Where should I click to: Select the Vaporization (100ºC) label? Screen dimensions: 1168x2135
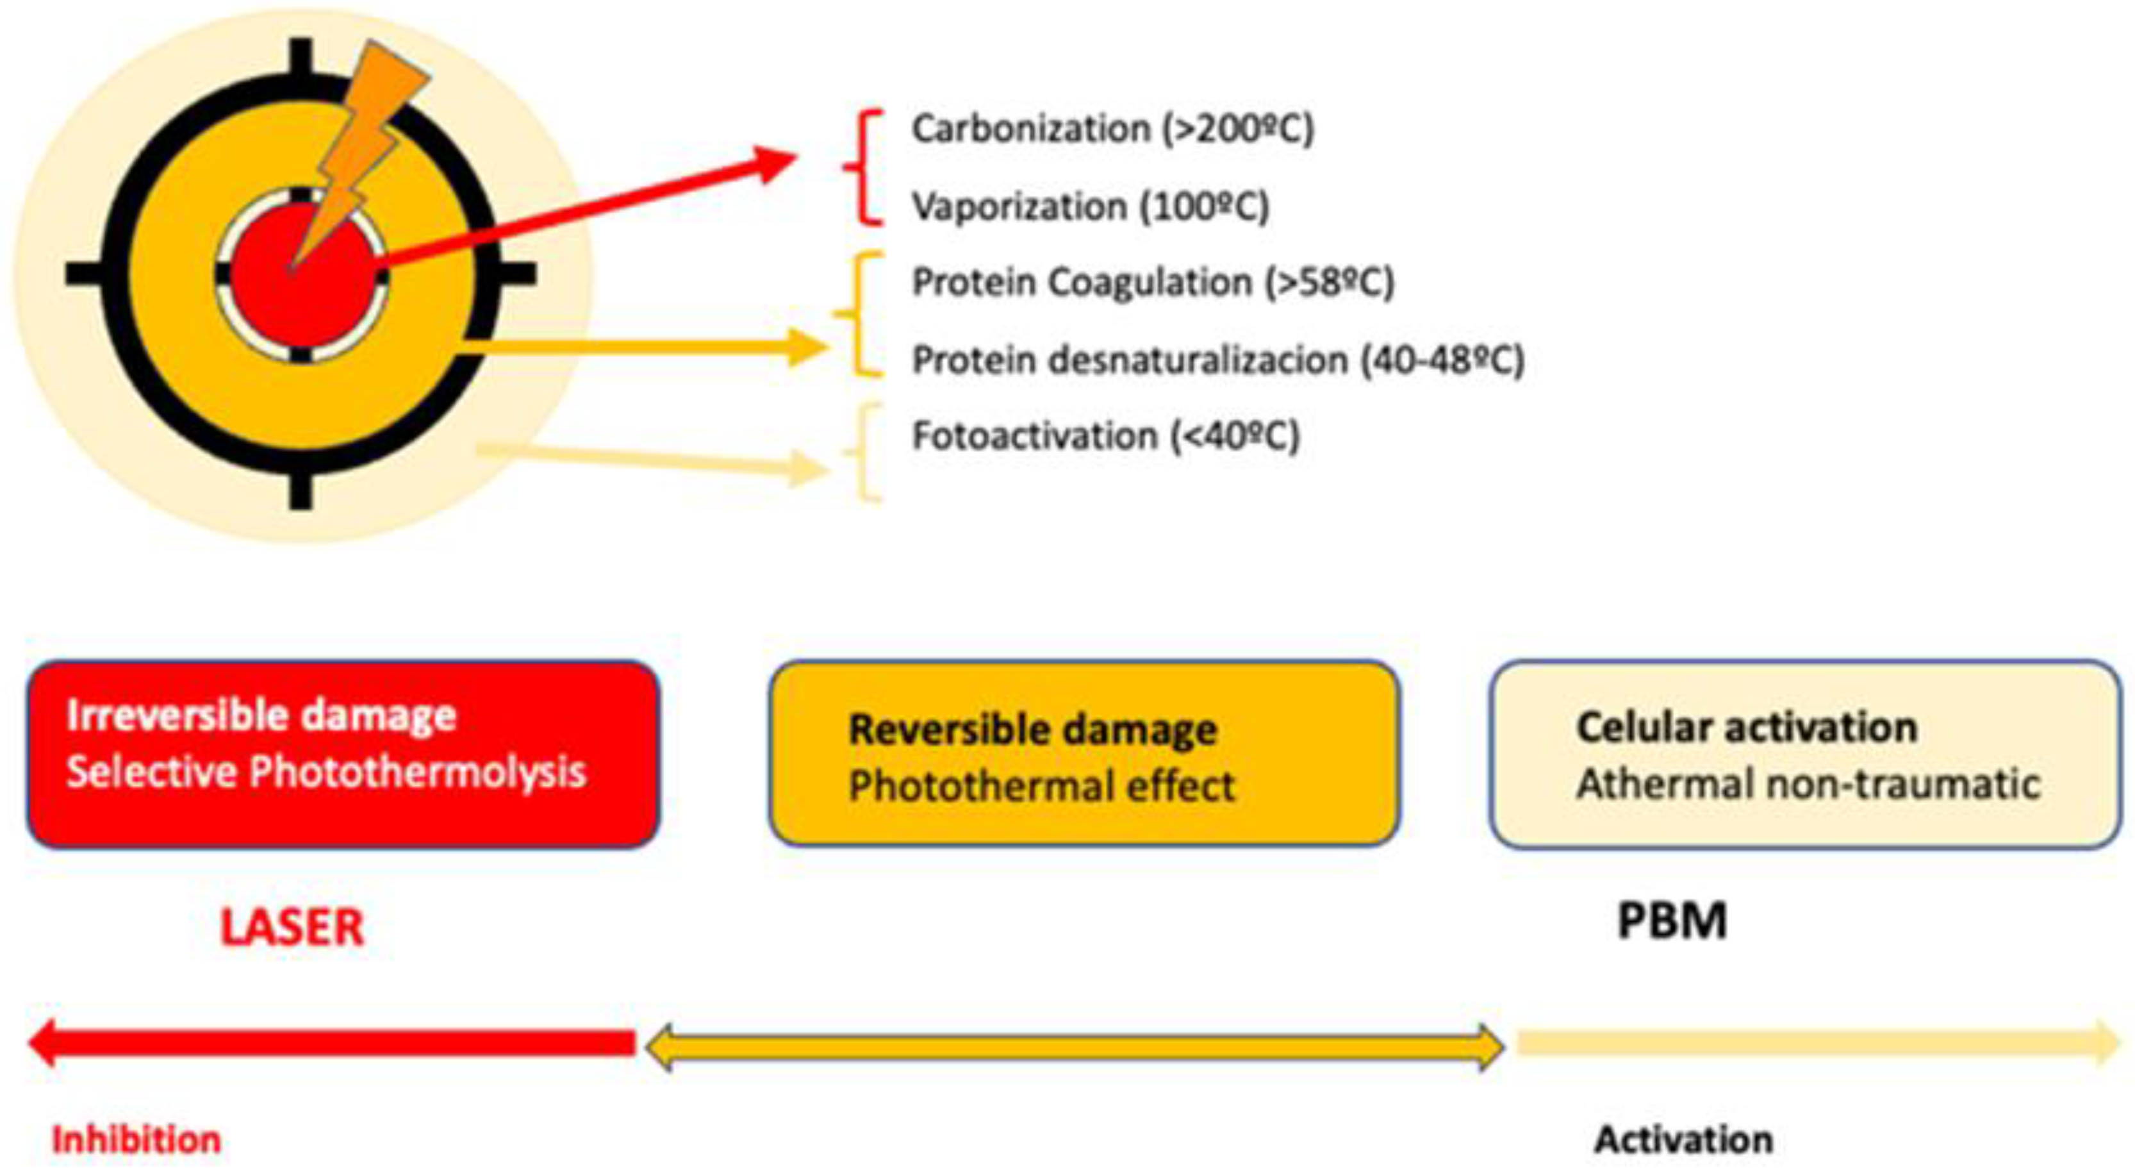[x=1090, y=206]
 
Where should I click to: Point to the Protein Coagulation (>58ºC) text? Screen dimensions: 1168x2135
[x=1153, y=283]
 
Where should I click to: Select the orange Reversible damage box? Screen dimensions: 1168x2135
[x=1084, y=755]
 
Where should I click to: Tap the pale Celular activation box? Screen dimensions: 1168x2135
[x=1805, y=755]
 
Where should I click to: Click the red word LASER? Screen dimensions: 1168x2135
[x=292, y=927]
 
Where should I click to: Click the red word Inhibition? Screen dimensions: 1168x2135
[x=136, y=1140]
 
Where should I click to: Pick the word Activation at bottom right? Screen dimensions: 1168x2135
[x=1683, y=1140]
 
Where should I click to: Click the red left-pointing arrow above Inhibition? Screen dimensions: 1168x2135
[x=331, y=1043]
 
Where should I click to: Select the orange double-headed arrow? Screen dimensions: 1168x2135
[x=1074, y=1047]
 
